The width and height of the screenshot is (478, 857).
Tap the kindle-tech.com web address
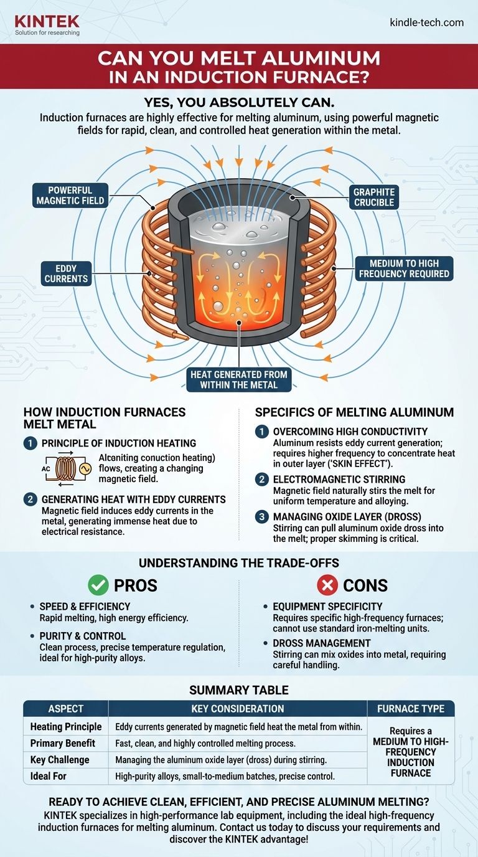click(426, 22)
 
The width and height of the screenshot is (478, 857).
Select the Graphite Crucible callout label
click(373, 197)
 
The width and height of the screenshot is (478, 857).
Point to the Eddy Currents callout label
click(65, 274)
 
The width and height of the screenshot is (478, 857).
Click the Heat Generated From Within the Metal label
click(239, 379)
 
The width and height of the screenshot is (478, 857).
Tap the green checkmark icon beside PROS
click(98, 585)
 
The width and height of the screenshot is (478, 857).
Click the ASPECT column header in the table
click(65, 708)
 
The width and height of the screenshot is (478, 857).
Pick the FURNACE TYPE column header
click(411, 708)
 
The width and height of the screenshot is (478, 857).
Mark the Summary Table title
click(239, 689)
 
